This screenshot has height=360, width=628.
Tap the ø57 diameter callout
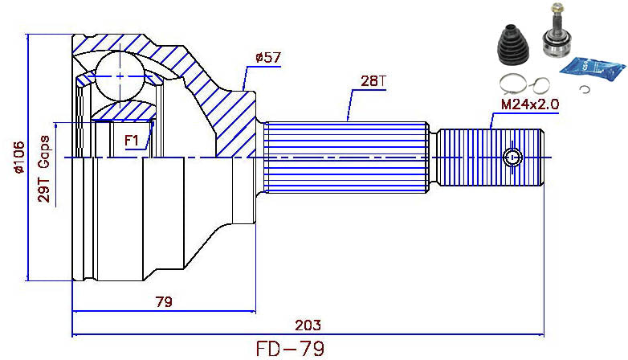pos(267,57)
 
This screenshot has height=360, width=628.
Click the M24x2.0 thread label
pos(529,104)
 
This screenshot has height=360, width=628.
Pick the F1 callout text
pos(133,141)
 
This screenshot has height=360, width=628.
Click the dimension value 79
pos(163,301)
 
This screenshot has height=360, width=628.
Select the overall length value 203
pos(308,325)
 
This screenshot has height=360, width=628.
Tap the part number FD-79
pos(291,349)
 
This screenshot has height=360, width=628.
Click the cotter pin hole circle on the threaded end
pos(512,157)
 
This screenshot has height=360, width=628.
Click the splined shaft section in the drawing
pos(345,157)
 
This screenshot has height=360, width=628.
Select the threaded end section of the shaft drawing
pos(490,157)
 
